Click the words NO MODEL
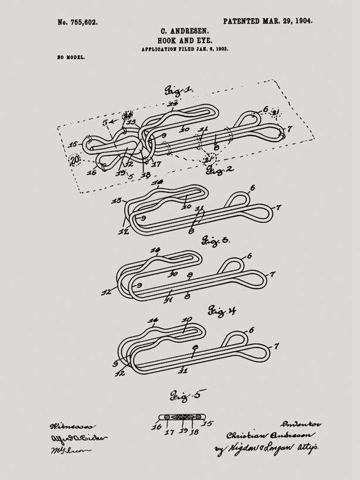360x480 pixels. click(x=71, y=58)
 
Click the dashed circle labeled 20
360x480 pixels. click(x=75, y=160)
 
